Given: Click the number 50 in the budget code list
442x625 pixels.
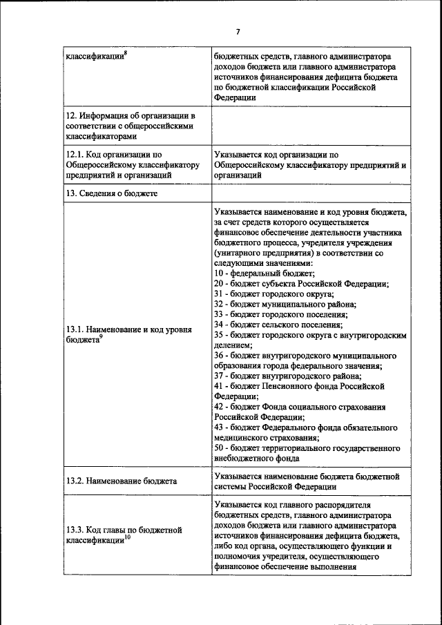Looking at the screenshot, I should click(x=219, y=447).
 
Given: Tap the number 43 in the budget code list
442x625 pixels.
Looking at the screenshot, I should click(x=219, y=427).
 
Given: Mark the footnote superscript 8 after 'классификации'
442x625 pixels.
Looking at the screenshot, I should click(x=126, y=53).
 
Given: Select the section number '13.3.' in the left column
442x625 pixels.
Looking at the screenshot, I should click(x=75, y=530).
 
